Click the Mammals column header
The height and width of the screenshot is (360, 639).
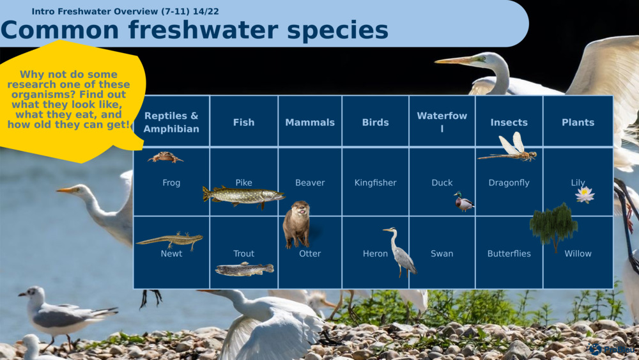pyautogui.click(x=310, y=122)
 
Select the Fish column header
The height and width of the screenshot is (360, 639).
pyautogui.click(x=243, y=122)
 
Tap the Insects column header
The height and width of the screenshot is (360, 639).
pyautogui.click(x=509, y=122)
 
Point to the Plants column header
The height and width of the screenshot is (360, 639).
pyautogui.click(x=578, y=122)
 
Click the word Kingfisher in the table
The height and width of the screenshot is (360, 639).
pyautogui.click(x=375, y=183)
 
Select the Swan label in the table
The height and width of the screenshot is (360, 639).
pyautogui.click(x=442, y=254)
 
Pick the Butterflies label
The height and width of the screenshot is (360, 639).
pyautogui.click(x=509, y=254)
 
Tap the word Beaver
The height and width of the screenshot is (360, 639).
pyautogui.click(x=310, y=183)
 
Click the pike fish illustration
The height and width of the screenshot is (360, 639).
pyautogui.click(x=243, y=196)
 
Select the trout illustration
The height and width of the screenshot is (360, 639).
pyautogui.click(x=245, y=269)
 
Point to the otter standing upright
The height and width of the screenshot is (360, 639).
pyautogui.click(x=296, y=224)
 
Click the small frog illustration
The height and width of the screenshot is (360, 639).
pyautogui.click(x=165, y=157)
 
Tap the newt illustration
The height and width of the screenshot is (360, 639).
pyautogui.click(x=170, y=240)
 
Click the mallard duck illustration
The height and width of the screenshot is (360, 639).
pyautogui.click(x=464, y=201)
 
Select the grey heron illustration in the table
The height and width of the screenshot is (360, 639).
pyautogui.click(x=400, y=252)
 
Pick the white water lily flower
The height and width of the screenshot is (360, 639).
pyautogui.click(x=585, y=194)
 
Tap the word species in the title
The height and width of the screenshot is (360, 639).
pyautogui.click(x=337, y=30)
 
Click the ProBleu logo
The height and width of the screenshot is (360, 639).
pyautogui.click(x=612, y=349)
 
